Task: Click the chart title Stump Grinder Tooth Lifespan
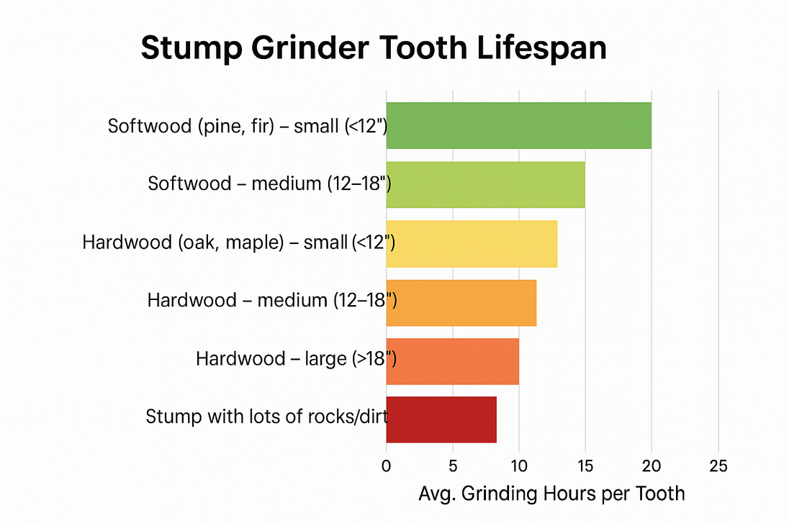click(373, 49)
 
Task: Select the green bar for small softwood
click(518, 125)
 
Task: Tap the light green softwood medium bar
click(485, 184)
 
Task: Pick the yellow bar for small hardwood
click(472, 243)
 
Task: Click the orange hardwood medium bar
click(461, 302)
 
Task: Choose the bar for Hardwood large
click(452, 361)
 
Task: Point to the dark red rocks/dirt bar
click(441, 420)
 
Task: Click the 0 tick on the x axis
click(387, 465)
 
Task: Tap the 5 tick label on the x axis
click(452, 465)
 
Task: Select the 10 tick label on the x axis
click(518, 465)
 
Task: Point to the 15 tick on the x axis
click(585, 465)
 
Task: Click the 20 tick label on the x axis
click(651, 465)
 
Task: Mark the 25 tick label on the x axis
click(718, 465)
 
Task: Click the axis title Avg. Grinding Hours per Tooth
click(551, 494)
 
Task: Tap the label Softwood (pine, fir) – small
click(248, 126)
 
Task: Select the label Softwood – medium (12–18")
click(269, 183)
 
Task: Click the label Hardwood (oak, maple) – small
click(239, 242)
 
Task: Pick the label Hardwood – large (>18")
click(296, 358)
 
